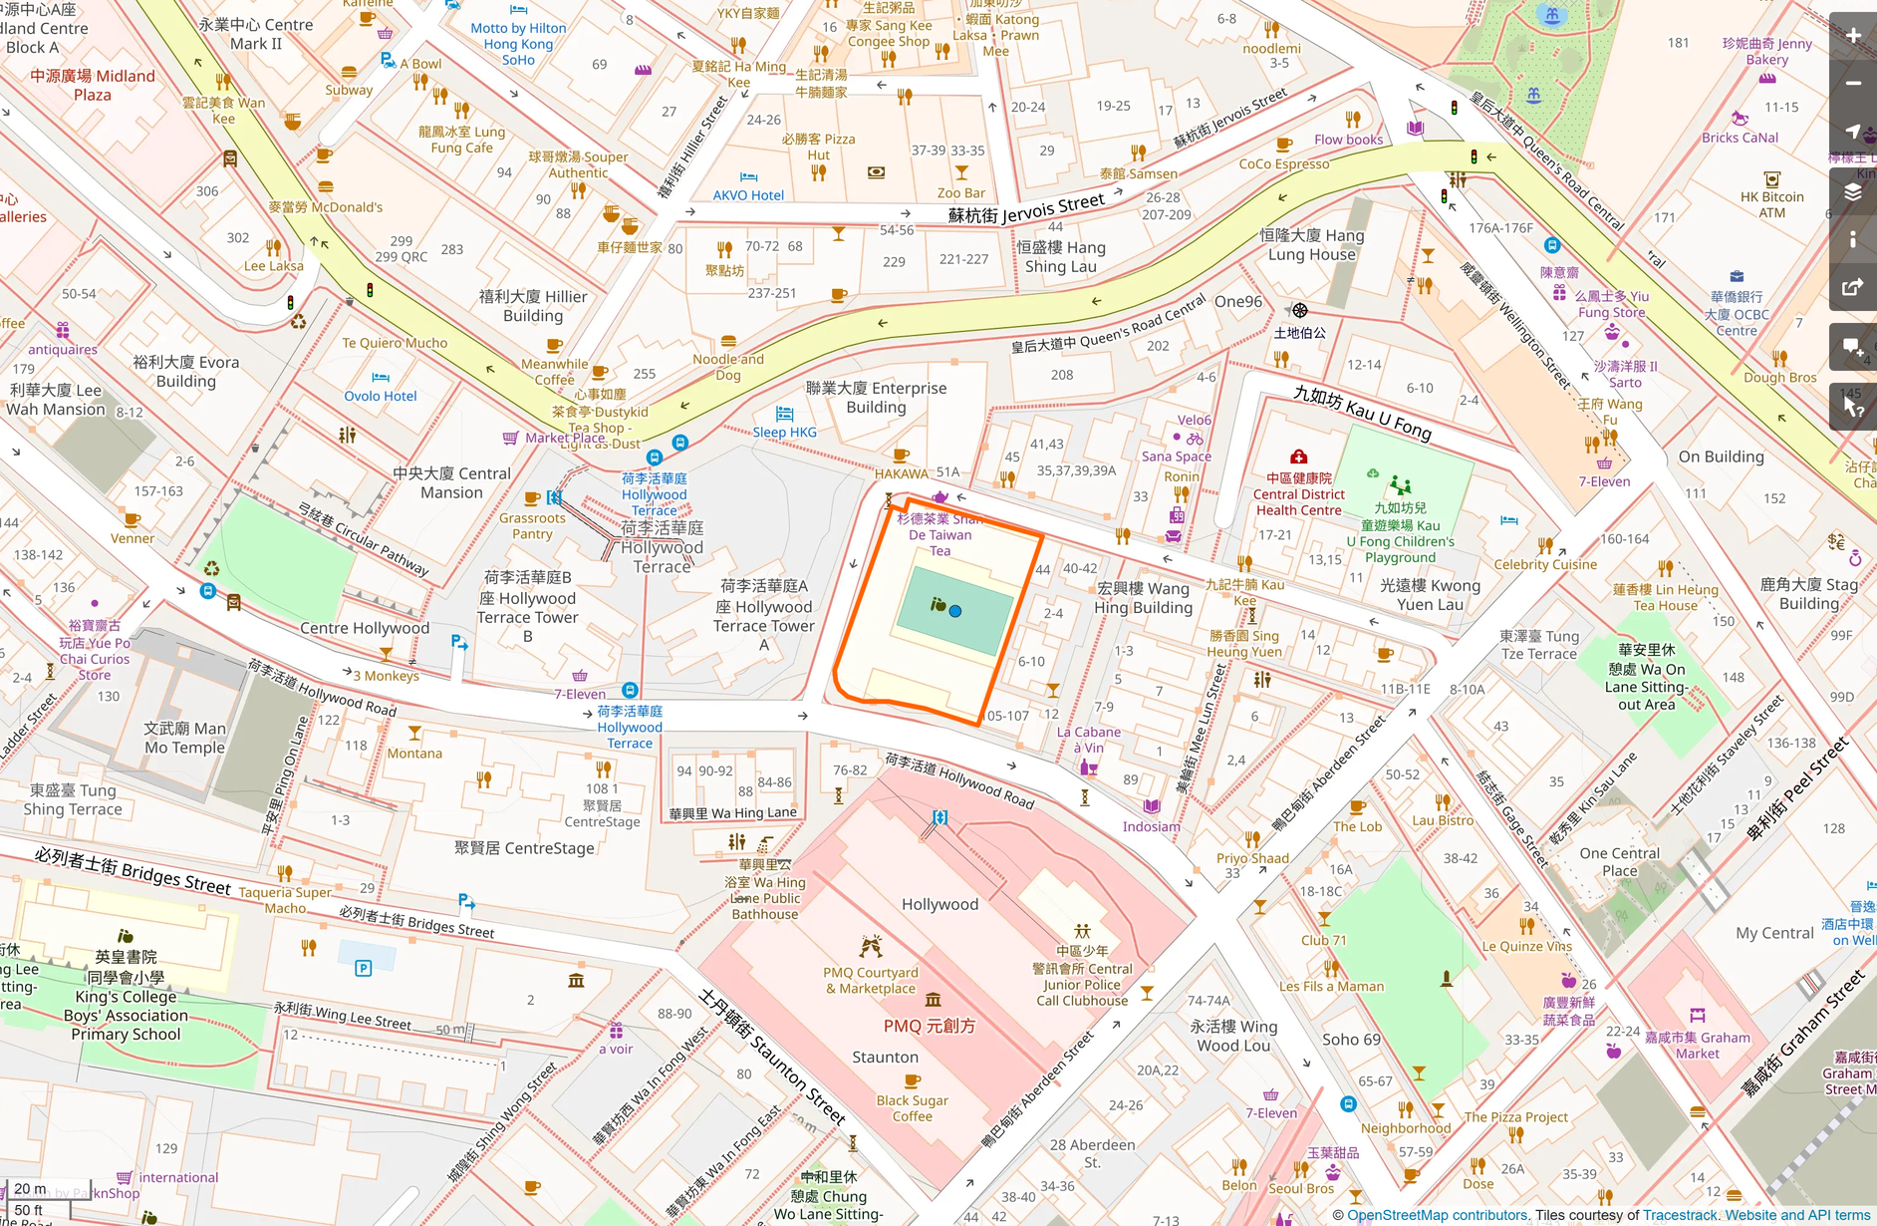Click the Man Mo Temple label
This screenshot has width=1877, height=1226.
184,738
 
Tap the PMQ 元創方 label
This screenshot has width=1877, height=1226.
929,1026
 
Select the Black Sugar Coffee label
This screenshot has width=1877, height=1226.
912,1108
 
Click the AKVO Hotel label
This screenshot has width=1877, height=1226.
748,195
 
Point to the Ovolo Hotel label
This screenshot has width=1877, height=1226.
381,396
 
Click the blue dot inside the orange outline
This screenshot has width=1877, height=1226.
955,611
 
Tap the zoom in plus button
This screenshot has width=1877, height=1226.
1853,36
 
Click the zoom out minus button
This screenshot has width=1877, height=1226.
1853,84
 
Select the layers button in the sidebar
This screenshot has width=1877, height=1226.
1853,192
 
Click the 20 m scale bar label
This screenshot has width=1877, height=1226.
30,1188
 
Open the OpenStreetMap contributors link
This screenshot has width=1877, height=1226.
1437,1215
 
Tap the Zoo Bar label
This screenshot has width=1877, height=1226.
961,193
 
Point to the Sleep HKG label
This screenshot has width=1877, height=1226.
784,432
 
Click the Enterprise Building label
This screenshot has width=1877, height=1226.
876,397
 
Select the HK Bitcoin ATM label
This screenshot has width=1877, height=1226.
1771,204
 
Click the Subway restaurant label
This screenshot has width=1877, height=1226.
349,90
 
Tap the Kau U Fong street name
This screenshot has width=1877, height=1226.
1362,412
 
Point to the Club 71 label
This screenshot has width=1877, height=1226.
1323,940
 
